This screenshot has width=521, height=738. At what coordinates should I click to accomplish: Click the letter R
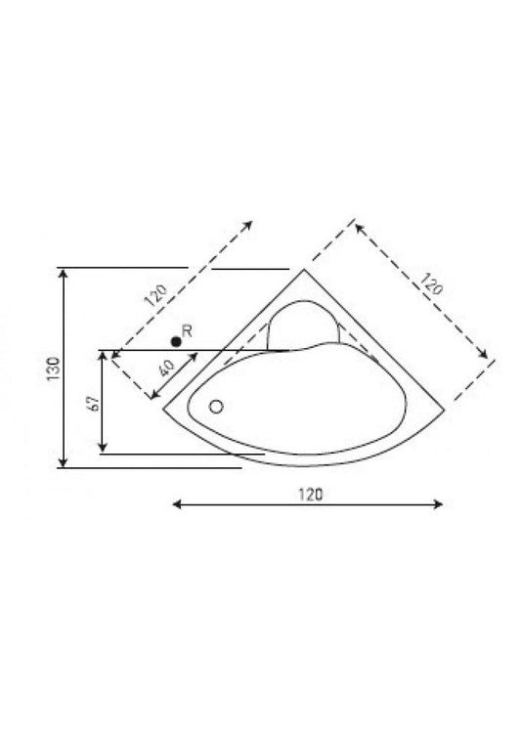pyautogui.click(x=187, y=332)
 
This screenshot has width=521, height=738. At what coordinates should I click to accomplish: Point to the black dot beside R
pyautogui.click(x=175, y=340)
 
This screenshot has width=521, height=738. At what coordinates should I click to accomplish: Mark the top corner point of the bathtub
pyautogui.click(x=306, y=269)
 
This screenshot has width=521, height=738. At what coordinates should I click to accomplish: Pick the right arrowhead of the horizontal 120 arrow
pyautogui.click(x=441, y=504)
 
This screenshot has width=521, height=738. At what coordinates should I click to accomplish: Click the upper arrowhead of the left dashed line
pyautogui.click(x=249, y=223)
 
